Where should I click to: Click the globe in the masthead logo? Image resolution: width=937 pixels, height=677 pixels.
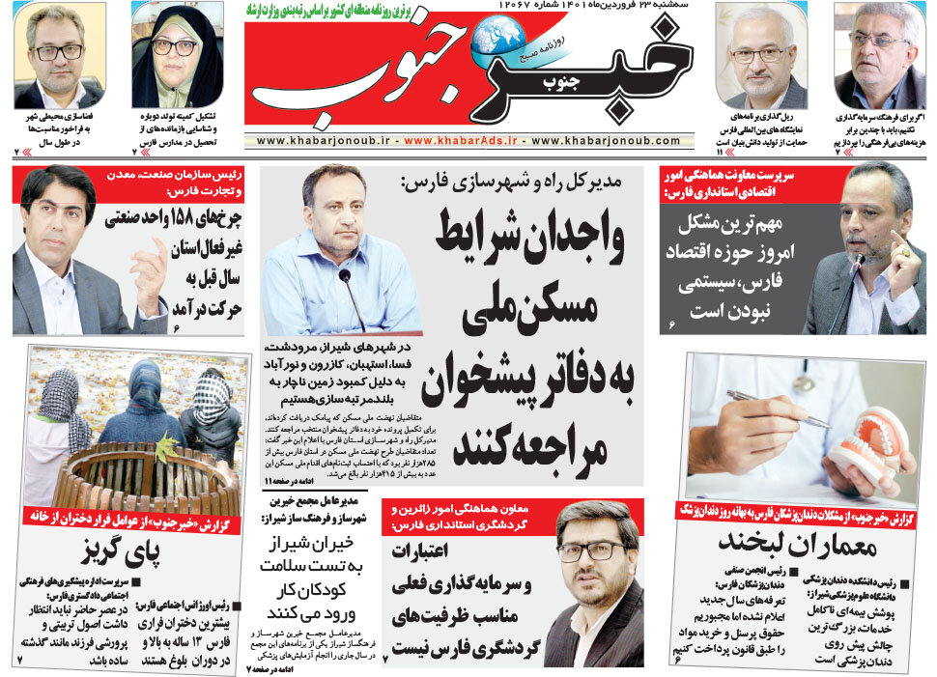497,36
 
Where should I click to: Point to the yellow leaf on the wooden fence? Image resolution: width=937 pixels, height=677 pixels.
166,449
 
